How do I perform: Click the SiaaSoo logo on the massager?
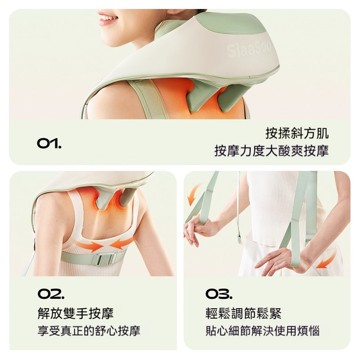click(x=249, y=49)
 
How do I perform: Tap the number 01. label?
click(x=49, y=143)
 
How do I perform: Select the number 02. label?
click(x=51, y=294)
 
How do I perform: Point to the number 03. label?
click(x=219, y=294)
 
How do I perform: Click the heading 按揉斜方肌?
click(x=297, y=133)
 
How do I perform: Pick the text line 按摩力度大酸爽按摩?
click(x=272, y=151)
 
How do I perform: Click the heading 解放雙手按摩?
click(x=76, y=313)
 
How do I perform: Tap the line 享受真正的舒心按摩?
click(x=89, y=331)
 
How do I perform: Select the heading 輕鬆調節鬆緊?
click(x=243, y=313)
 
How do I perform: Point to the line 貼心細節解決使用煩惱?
click(x=262, y=331)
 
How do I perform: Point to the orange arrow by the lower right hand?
click(x=327, y=260)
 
